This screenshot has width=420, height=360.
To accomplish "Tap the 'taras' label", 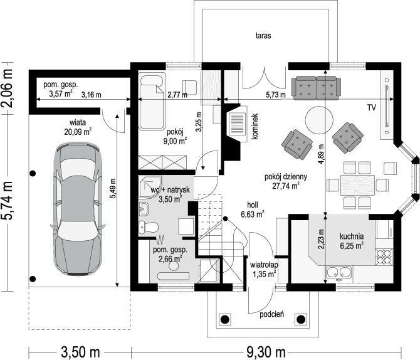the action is coord(263,36).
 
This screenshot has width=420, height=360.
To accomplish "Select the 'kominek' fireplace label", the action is coord(255,126).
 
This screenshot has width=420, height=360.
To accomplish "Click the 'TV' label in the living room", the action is coord(372,107).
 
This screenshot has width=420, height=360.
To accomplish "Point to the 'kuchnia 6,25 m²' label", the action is coord(352,241).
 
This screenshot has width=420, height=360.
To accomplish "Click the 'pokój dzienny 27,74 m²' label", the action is coord(286,181).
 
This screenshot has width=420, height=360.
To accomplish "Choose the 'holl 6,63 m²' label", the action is coord(253,209).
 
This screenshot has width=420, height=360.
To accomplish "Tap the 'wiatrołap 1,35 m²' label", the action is coord(264,270).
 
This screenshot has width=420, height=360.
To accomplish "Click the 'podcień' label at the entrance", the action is coord(272,314).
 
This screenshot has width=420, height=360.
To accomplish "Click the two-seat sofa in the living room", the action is coord(317,88).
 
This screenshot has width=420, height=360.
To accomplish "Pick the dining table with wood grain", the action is coord(357,185).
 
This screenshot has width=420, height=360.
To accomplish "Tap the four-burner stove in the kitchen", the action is coord(384,257).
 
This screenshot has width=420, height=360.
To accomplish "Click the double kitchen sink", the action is coord(339,273).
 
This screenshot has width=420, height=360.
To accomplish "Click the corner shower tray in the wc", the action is coord(150,187).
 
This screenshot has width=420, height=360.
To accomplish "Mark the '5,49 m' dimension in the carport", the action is coord(113,188).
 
